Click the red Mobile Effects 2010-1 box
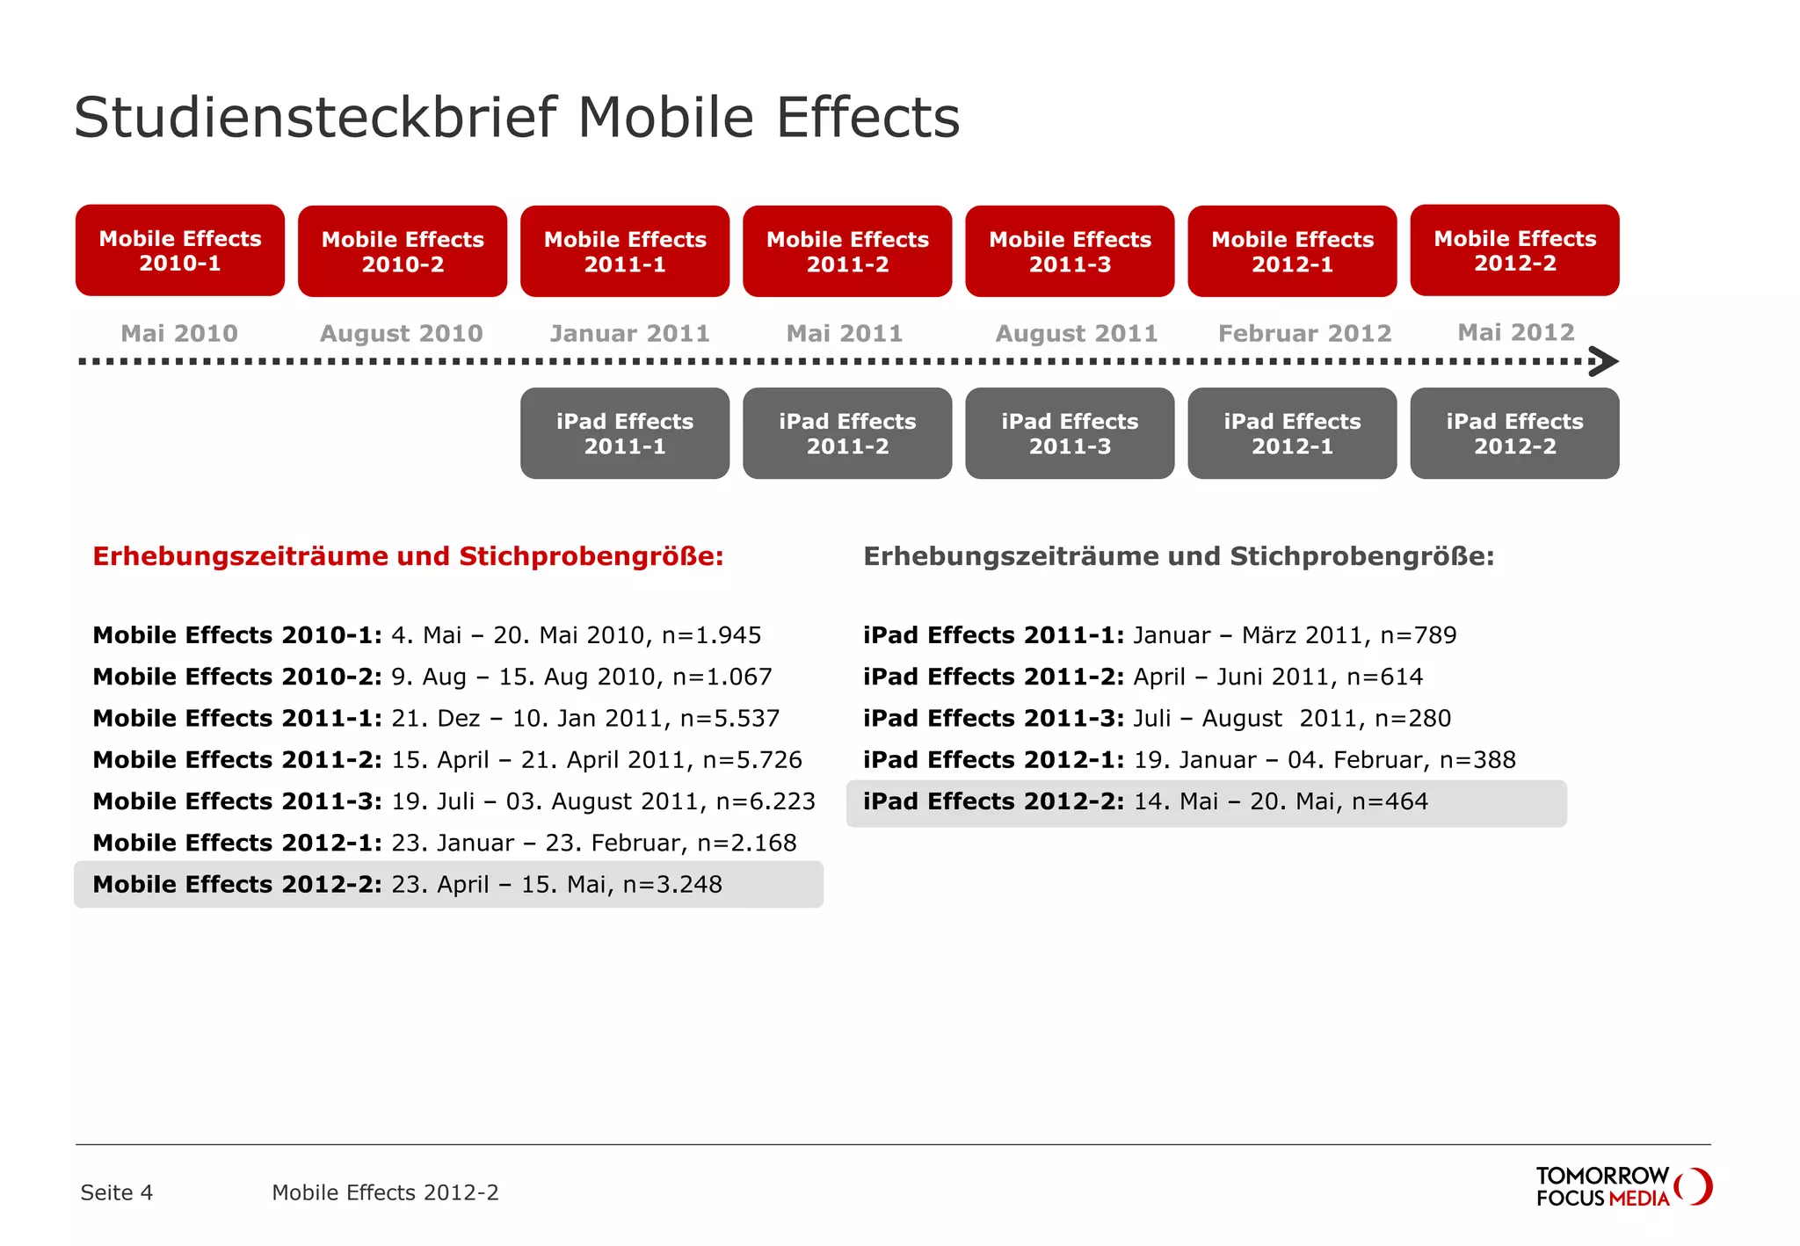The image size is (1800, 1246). tap(180, 250)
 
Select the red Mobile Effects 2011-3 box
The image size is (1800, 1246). tap(1070, 251)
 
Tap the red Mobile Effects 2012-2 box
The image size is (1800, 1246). tap(1514, 250)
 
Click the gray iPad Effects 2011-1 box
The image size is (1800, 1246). tap(625, 433)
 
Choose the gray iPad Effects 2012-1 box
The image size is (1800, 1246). tap(1292, 433)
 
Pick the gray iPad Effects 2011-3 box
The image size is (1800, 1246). tap(1070, 433)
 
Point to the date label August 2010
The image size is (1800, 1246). tap(402, 334)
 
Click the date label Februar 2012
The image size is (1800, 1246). tap(1304, 334)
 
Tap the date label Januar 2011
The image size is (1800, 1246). tap(629, 334)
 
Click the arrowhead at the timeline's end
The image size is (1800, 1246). tap(1606, 361)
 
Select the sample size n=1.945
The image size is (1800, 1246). tap(711, 635)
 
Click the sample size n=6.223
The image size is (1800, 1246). tap(766, 801)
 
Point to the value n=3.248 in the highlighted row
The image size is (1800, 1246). tap(672, 884)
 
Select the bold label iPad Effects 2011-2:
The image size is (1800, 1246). tap(993, 677)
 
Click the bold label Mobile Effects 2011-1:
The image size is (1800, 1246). tap(237, 719)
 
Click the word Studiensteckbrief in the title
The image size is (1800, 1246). tap(316, 117)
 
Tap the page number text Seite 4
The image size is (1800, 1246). tap(116, 1192)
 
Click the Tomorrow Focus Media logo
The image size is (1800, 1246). tap(1623, 1187)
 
